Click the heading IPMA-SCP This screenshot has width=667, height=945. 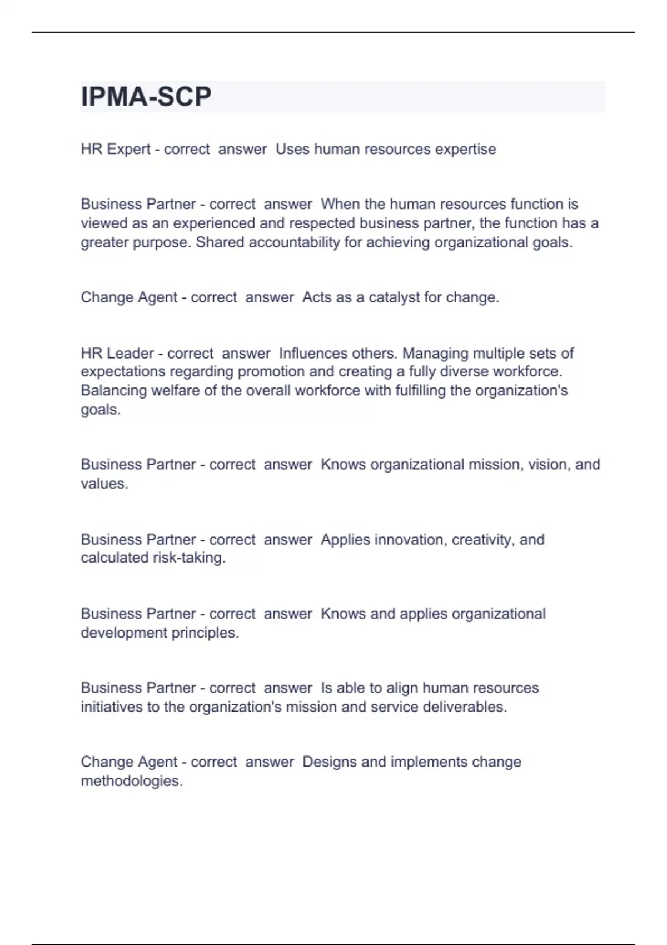tap(146, 97)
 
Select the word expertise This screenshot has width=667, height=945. tap(465, 150)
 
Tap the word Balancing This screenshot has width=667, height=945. tap(113, 391)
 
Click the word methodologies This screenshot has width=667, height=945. tap(132, 782)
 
